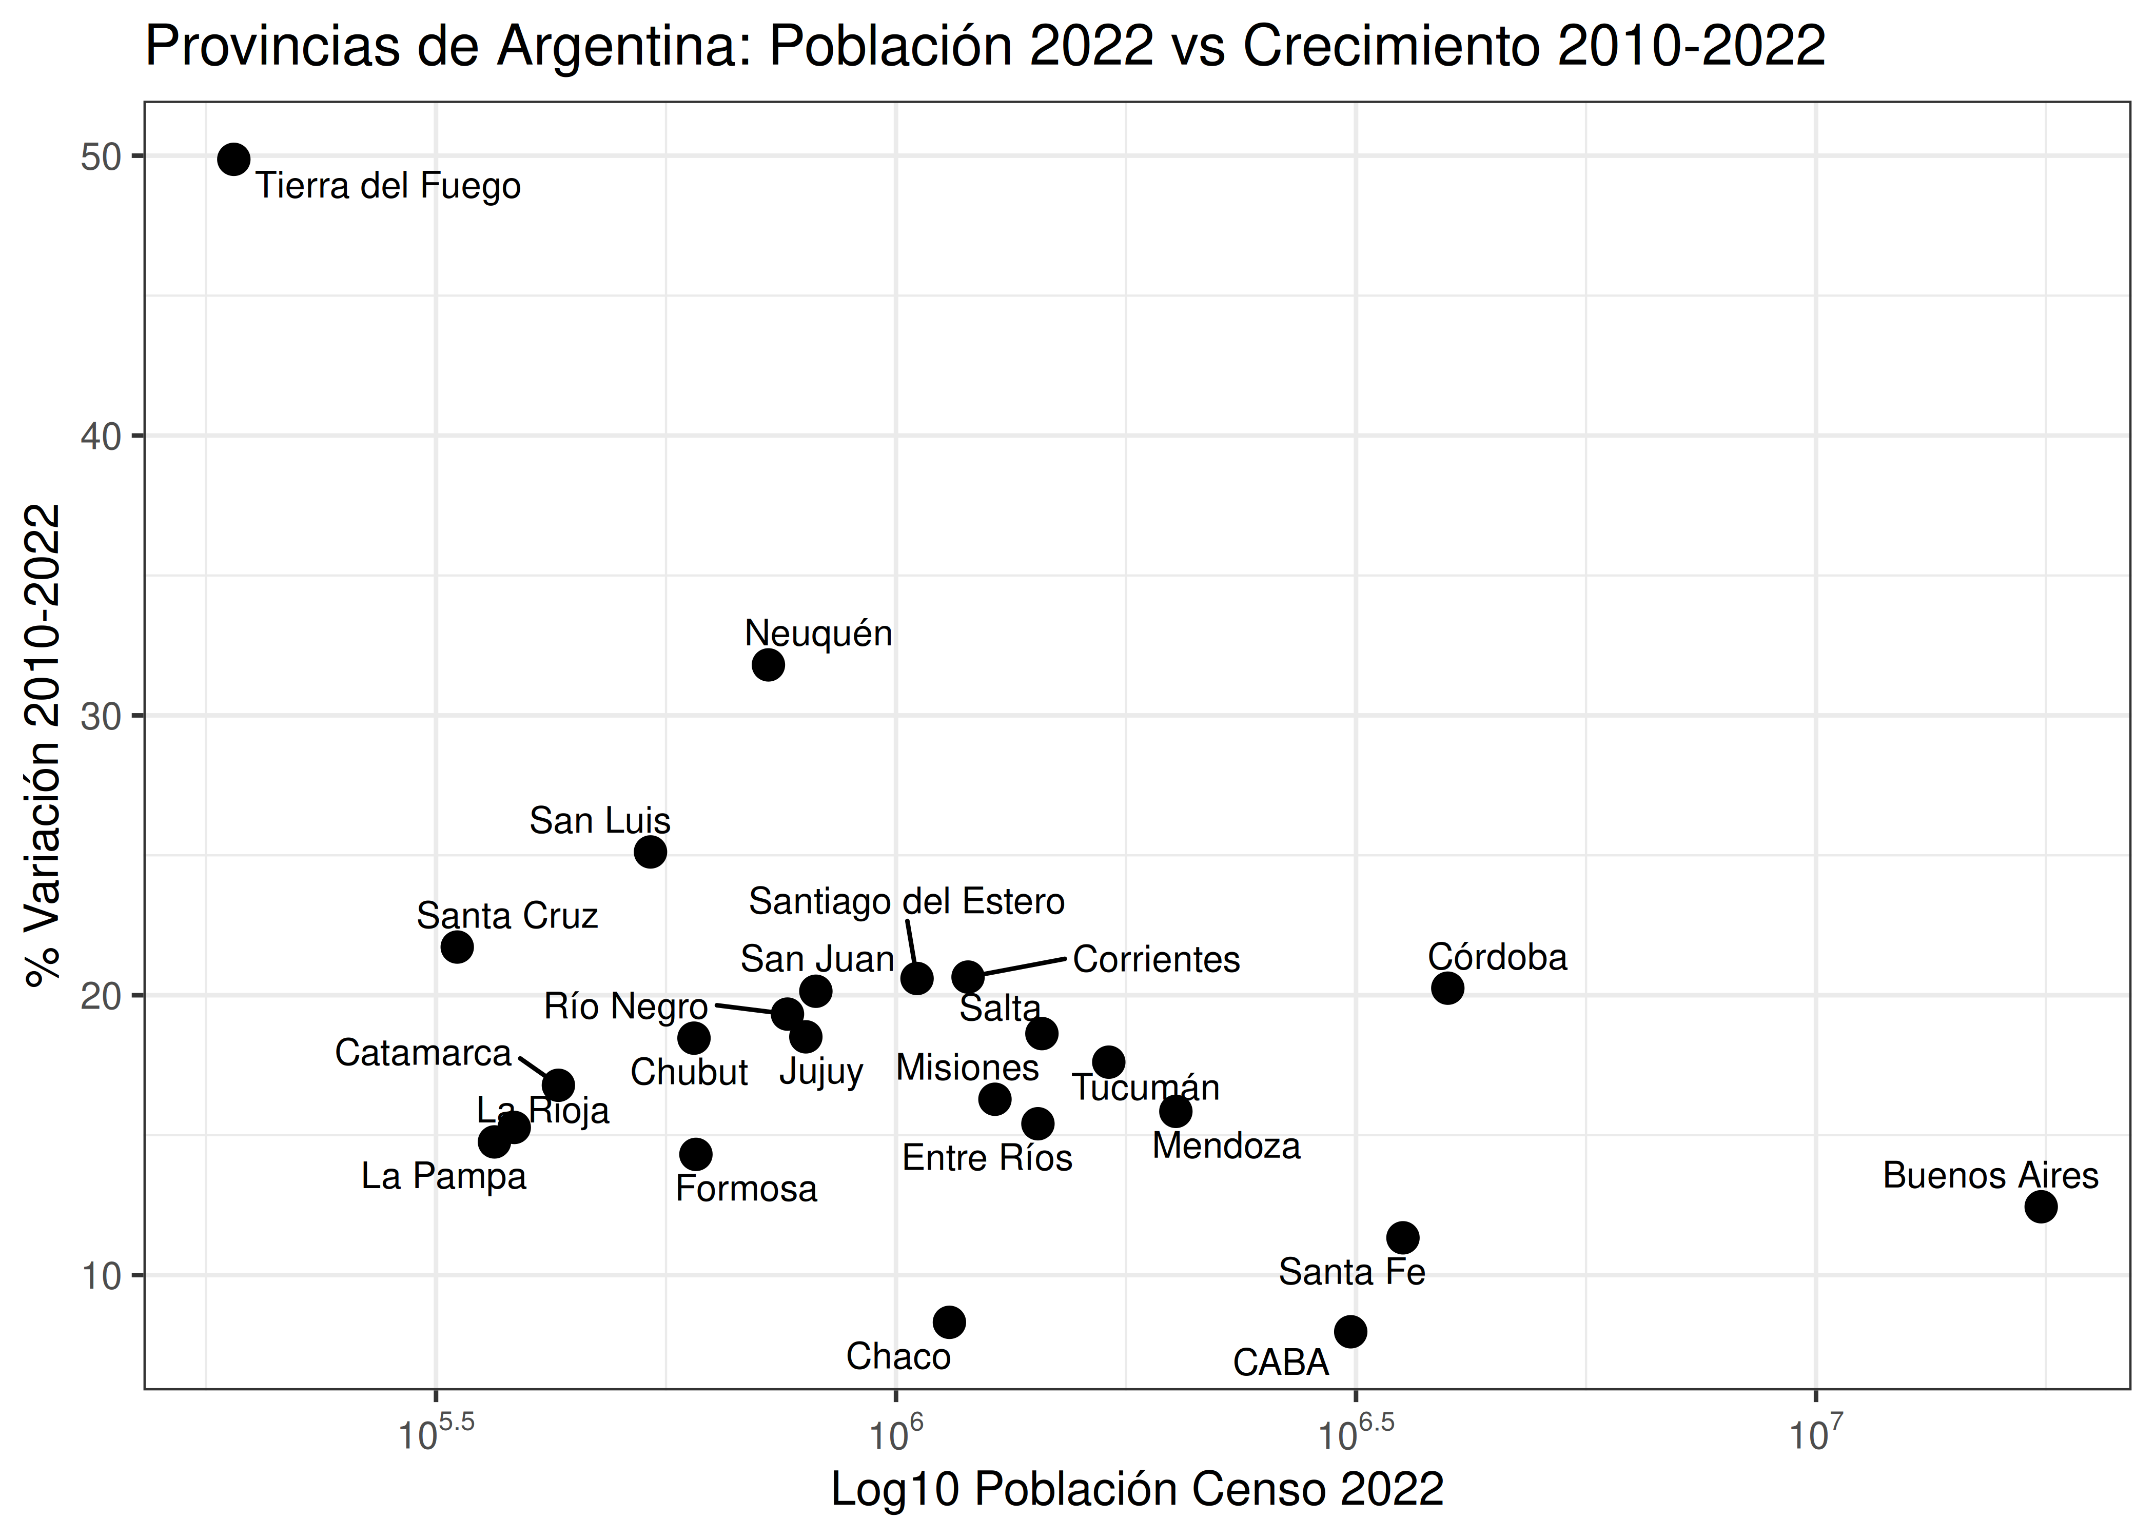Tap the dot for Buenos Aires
point(2041,1207)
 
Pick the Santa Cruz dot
point(457,946)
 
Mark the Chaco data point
point(949,1322)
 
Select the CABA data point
point(1350,1331)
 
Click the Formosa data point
point(696,1154)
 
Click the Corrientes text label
point(1156,960)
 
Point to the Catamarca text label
point(423,1053)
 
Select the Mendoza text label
point(1226,1147)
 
